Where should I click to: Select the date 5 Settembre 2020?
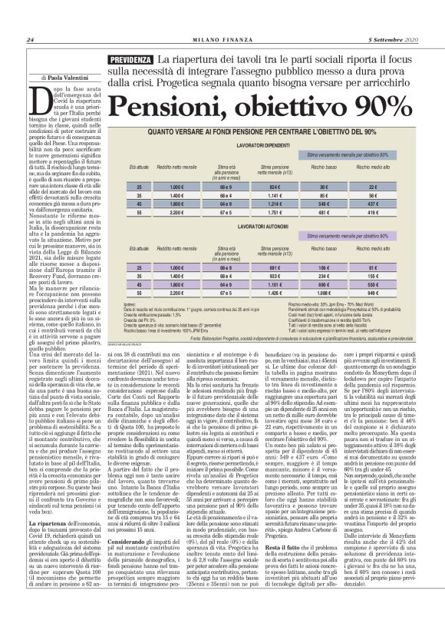pos(392,40)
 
